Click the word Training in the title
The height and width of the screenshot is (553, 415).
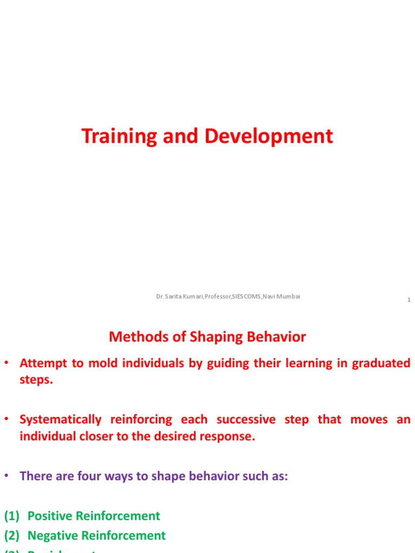(117, 137)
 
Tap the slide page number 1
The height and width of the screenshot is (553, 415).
(409, 300)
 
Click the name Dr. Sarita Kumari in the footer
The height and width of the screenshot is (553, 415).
(179, 296)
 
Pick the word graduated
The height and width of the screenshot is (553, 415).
(381, 363)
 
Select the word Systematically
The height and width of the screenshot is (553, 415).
(61, 420)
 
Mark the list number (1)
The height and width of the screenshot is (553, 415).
(12, 516)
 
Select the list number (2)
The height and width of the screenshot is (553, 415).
(12, 536)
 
